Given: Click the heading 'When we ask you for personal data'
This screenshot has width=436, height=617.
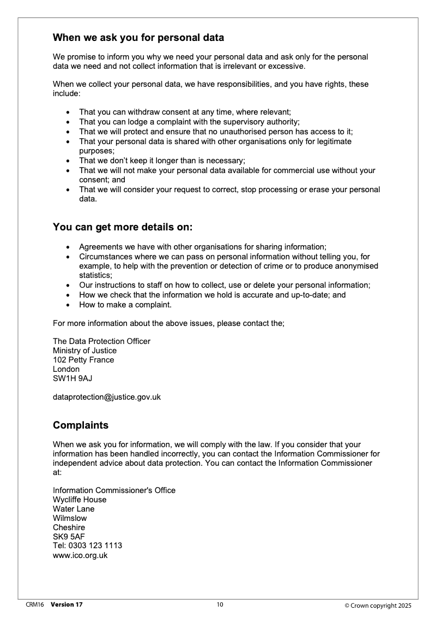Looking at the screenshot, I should pyautogui.click(x=138, y=38).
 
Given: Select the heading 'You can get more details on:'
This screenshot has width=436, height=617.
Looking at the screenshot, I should pyautogui.click(x=123, y=227).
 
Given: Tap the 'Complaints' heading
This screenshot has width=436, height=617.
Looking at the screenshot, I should pyautogui.click(x=81, y=425).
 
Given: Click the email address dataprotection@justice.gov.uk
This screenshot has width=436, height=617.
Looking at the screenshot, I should pyautogui.click(x=107, y=397).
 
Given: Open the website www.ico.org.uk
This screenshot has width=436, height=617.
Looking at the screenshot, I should pyautogui.click(x=80, y=555).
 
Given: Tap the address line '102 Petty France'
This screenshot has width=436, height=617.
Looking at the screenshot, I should pyautogui.click(x=83, y=360).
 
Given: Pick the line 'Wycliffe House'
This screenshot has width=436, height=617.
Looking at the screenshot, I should pyautogui.click(x=80, y=500).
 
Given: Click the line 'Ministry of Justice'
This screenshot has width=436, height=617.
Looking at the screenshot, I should pyautogui.click(x=84, y=351).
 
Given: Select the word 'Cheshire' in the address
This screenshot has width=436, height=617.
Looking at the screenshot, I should pyautogui.click(x=69, y=527).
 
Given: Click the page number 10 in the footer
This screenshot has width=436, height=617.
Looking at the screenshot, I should pyautogui.click(x=220, y=604).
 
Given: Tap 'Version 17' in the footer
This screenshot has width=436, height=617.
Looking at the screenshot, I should pyautogui.click(x=66, y=604).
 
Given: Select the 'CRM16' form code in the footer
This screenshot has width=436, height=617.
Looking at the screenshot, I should pyautogui.click(x=35, y=604).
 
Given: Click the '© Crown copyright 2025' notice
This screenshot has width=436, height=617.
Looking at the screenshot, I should pyautogui.click(x=378, y=605).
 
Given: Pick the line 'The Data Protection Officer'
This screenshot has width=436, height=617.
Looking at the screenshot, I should pyautogui.click(x=101, y=341).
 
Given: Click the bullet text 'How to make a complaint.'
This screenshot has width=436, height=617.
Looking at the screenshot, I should pyautogui.click(x=125, y=304).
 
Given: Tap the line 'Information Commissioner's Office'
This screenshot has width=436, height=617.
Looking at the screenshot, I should pyautogui.click(x=114, y=490).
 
